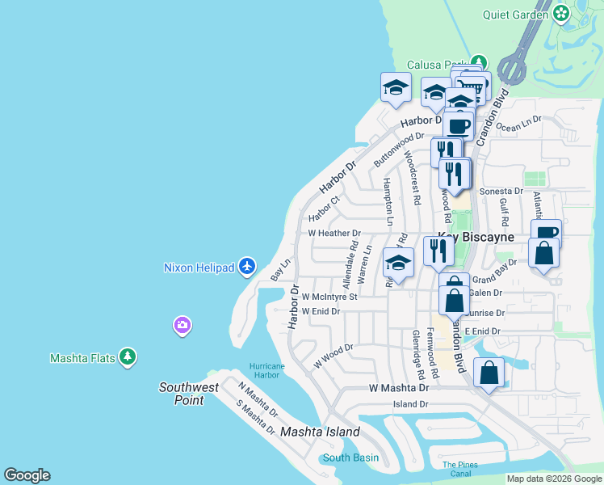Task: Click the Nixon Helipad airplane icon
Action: pos(248,266)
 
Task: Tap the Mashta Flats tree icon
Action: pos(127,357)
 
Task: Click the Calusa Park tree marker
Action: pos(480,62)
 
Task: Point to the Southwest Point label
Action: pos(188,394)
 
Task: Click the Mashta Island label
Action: pos(320,432)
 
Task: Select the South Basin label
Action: pos(350,458)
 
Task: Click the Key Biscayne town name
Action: pos(476,238)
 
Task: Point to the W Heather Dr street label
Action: pos(334,233)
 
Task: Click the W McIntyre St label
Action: pos(329,297)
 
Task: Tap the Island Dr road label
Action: pos(410,404)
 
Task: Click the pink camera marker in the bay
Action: pos(182,325)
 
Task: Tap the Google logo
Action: pos(27,475)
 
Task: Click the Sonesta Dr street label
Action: pos(501,192)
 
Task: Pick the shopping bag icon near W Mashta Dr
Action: pos(489,374)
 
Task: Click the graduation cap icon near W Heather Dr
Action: pos(398,263)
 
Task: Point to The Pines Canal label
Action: pos(460,469)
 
